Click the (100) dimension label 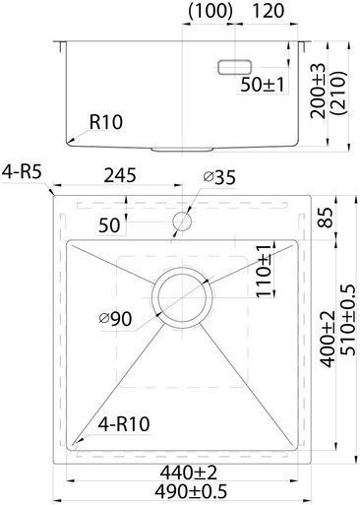tap(210, 11)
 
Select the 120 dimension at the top tap(268, 11)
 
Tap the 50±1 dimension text tap(263, 85)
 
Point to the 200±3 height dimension tap(318, 91)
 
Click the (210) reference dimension tap(338, 93)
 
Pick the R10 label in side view tap(106, 122)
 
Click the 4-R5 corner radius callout tap(22, 172)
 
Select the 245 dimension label tap(120, 175)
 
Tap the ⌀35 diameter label tap(219, 177)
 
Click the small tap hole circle tap(182, 221)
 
